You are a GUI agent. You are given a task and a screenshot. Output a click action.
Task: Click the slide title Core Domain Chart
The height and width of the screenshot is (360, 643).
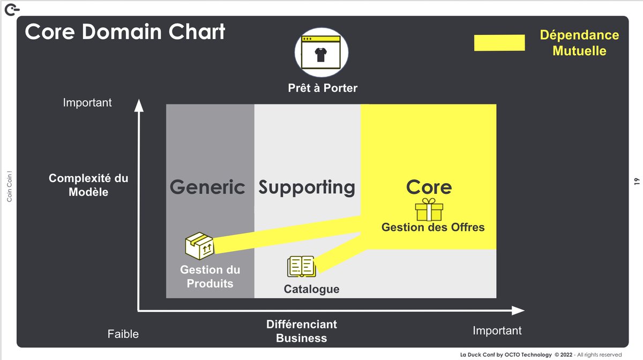pyautogui.click(x=125, y=32)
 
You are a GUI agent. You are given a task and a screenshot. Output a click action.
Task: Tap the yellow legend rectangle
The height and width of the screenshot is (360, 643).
pyautogui.click(x=499, y=43)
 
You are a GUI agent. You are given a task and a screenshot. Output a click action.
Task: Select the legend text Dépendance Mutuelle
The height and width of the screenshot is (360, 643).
pyautogui.click(x=579, y=43)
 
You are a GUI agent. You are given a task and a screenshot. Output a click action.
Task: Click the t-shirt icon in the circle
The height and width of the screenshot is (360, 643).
pyautogui.click(x=321, y=54)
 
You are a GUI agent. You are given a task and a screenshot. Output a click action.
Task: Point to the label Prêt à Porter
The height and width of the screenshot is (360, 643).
pyautogui.click(x=323, y=88)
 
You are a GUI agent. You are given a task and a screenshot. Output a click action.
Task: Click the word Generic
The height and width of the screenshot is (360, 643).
pyautogui.click(x=207, y=187)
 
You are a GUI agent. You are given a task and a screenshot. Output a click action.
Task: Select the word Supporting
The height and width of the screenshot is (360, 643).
pyautogui.click(x=307, y=187)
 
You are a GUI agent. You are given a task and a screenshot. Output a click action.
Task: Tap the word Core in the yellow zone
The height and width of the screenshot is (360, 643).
pyautogui.click(x=429, y=187)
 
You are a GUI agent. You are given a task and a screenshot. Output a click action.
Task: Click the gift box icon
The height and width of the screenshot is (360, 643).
pyautogui.click(x=429, y=209)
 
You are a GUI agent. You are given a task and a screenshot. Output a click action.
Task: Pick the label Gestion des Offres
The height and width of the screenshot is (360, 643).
pyautogui.click(x=433, y=227)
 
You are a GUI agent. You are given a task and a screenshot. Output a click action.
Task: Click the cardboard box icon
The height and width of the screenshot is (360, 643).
pyautogui.click(x=199, y=246)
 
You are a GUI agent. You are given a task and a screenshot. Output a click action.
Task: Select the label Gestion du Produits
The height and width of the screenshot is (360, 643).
pyautogui.click(x=210, y=276)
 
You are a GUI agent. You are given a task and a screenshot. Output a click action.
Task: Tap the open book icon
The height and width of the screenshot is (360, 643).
pyautogui.click(x=301, y=266)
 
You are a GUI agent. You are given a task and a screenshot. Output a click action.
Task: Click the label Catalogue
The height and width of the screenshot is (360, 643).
pyautogui.click(x=311, y=289)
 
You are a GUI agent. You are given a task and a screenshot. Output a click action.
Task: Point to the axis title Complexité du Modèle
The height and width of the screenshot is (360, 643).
pyautogui.click(x=88, y=185)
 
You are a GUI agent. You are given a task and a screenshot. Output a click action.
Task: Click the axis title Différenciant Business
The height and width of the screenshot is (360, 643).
pyautogui.click(x=302, y=331)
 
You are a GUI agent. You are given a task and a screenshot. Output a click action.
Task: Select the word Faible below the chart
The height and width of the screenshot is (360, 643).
pyautogui.click(x=123, y=334)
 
